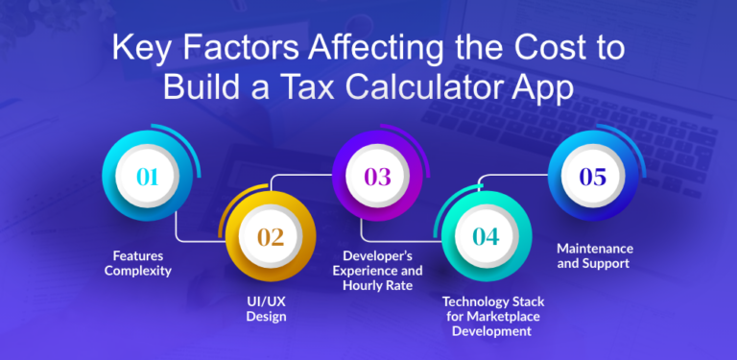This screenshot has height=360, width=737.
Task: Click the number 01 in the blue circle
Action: tap(147, 177)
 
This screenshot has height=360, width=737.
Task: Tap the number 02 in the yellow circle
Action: tap(270, 236)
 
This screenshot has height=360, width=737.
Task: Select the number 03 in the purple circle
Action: tap(377, 177)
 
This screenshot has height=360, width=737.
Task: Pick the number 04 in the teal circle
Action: tap(486, 236)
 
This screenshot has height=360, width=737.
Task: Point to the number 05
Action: tap(593, 177)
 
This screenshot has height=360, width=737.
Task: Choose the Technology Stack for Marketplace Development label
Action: tap(487, 316)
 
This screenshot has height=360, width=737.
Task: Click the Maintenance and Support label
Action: tap(595, 255)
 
